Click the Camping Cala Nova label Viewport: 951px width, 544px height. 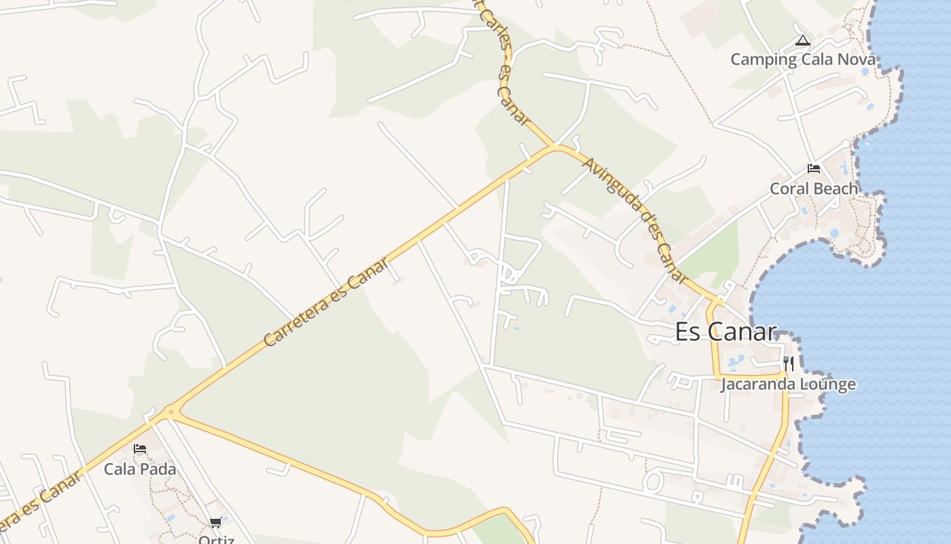coord(803,59)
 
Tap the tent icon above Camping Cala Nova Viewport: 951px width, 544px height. coord(803,41)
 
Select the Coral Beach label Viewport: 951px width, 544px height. coord(814,188)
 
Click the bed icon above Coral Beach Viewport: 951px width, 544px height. coord(814,169)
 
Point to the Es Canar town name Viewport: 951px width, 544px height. coord(725,332)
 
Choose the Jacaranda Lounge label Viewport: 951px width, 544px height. coord(788,384)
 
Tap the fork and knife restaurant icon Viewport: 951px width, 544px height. coord(788,364)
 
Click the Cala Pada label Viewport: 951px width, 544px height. coord(140,469)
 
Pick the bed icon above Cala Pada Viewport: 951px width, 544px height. coord(140,449)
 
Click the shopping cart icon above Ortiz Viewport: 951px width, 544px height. coord(215,523)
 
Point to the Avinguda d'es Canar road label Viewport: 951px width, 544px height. coord(635,219)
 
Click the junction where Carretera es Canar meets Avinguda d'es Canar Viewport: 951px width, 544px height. coord(556,147)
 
